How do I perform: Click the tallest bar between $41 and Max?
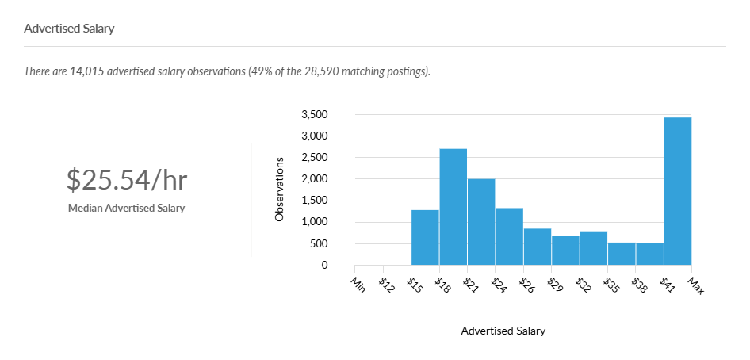(x=678, y=191)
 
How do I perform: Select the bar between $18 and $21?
(x=453, y=207)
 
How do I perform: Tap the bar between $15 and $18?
(x=425, y=237)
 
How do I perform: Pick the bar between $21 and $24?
(x=481, y=222)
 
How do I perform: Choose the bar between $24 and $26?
(x=509, y=236)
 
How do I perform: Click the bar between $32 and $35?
(x=594, y=248)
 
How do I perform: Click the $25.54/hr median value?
(x=127, y=181)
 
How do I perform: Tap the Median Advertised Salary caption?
(x=127, y=209)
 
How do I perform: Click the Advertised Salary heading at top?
(x=69, y=29)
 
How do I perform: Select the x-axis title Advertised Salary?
(x=503, y=331)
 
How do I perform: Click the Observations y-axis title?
(x=279, y=189)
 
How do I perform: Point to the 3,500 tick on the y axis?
(x=315, y=115)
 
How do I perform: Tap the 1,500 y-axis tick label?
(x=315, y=201)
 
